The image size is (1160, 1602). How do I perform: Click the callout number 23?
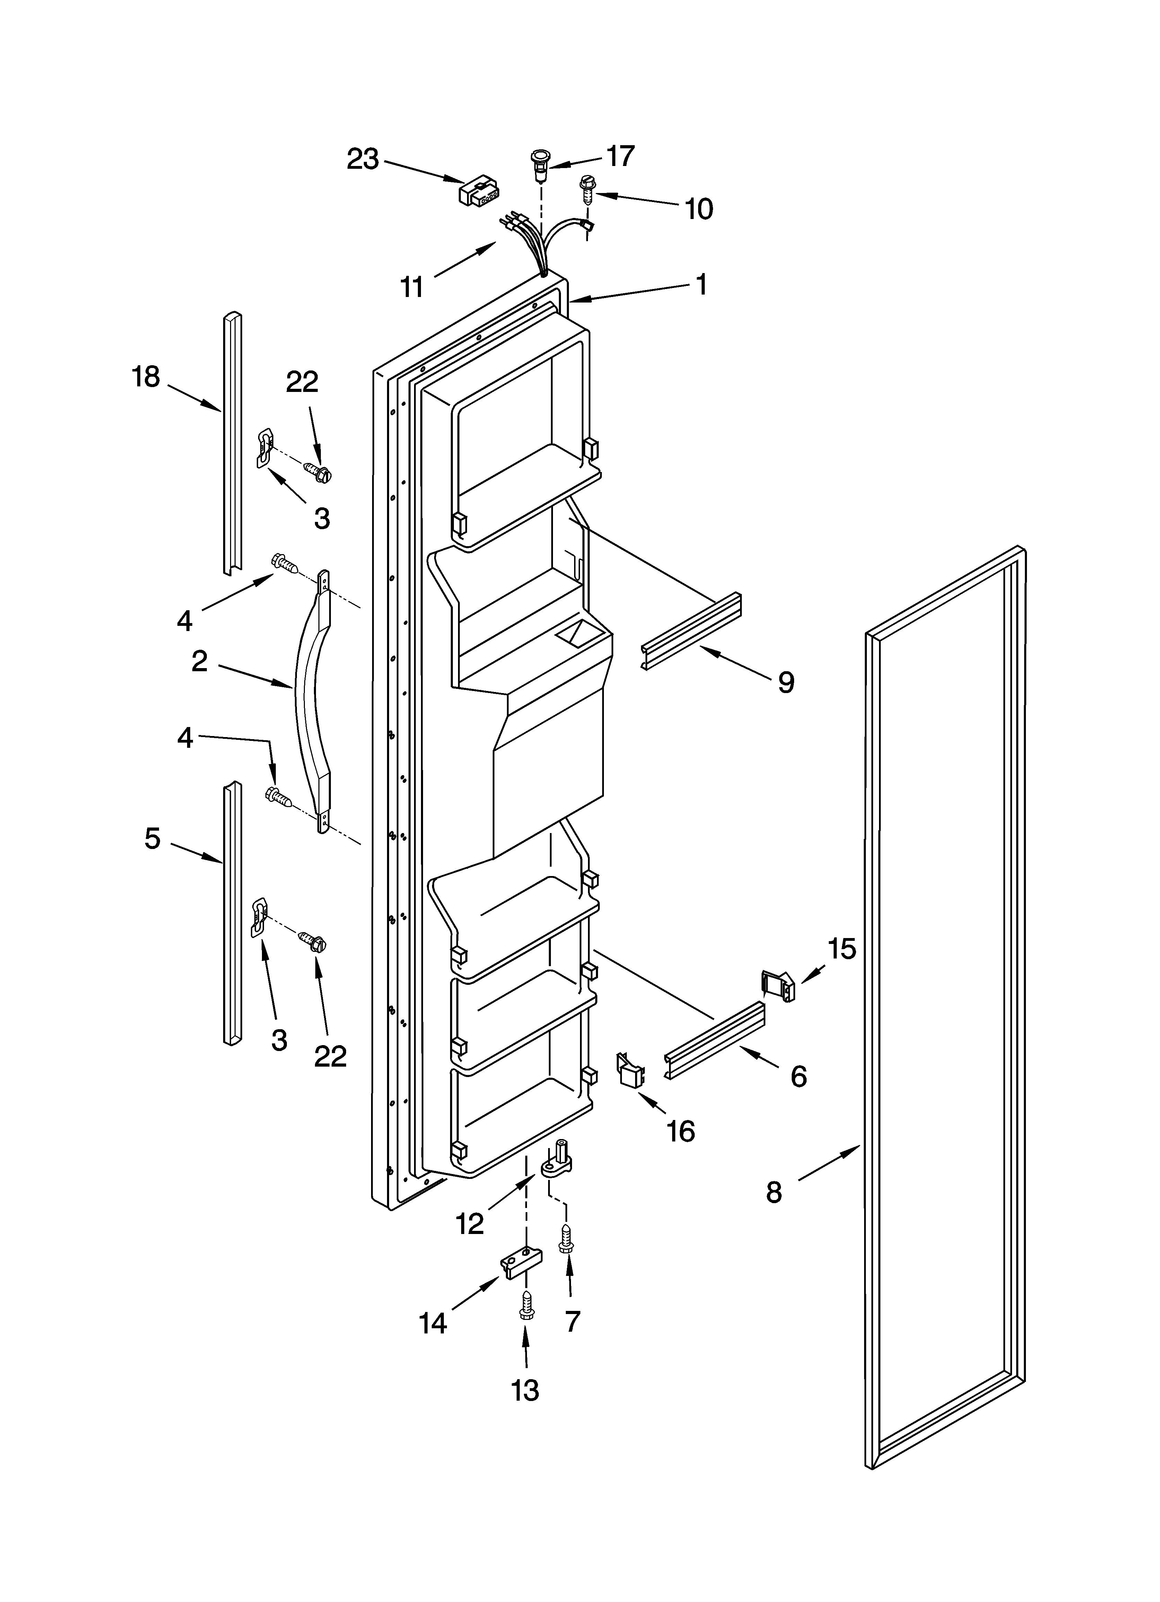click(362, 160)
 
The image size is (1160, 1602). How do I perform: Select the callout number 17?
click(620, 156)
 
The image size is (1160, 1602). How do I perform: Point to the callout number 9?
click(785, 682)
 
